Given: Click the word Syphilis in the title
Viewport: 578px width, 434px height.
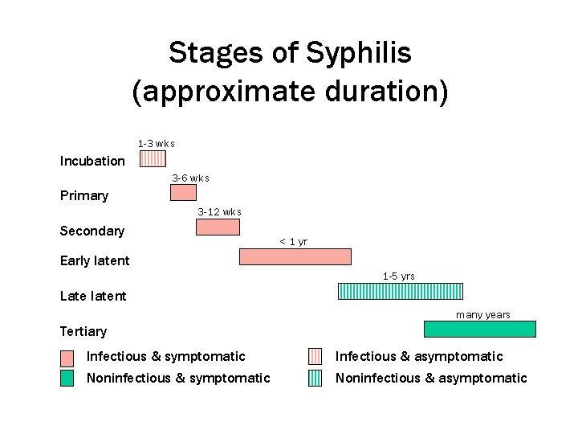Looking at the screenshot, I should (x=358, y=54).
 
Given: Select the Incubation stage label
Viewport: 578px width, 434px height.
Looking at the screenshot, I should (x=92, y=161).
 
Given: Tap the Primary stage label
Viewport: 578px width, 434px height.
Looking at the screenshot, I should (x=84, y=195).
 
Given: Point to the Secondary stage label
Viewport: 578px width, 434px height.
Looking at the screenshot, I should (x=92, y=231).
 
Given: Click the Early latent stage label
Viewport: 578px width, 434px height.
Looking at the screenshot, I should (x=95, y=260).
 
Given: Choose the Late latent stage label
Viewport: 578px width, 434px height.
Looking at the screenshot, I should (x=93, y=296).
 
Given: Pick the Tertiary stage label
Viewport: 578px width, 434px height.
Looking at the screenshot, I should (x=83, y=331).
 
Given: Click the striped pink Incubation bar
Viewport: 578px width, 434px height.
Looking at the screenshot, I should (x=153, y=158).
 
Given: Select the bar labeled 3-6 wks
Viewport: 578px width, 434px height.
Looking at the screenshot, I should (x=183, y=192).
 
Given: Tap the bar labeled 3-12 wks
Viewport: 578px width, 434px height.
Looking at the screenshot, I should (x=218, y=227).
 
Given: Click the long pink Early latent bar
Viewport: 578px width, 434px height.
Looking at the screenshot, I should (x=295, y=256).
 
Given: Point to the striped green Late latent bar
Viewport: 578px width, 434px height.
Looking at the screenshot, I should (x=401, y=291).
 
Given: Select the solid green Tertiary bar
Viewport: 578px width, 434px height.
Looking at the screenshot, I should (x=479, y=329).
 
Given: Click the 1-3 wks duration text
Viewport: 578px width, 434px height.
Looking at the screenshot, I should (x=156, y=144).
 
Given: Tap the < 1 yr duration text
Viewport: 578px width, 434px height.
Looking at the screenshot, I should (x=293, y=242).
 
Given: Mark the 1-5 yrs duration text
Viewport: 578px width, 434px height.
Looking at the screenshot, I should (x=399, y=276).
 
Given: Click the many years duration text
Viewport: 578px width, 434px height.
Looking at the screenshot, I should (x=483, y=314).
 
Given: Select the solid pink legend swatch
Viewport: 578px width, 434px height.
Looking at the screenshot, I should (x=67, y=356).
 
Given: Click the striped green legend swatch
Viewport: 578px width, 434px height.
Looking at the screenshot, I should (x=315, y=378).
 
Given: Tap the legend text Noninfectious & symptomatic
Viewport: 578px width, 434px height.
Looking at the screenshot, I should (x=178, y=378).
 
